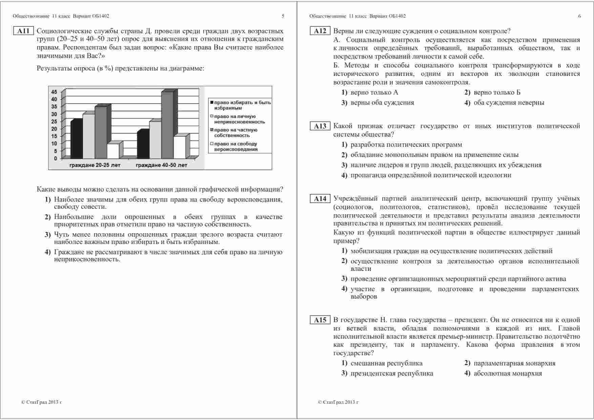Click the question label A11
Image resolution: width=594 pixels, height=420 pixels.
[23, 31]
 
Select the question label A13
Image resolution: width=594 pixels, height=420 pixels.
[320, 126]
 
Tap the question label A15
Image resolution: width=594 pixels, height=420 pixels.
[320, 320]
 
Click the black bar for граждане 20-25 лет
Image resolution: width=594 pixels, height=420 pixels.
[76, 140]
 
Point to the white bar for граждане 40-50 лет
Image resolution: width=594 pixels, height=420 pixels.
[179, 147]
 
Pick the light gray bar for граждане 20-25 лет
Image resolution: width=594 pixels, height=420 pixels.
[88, 136]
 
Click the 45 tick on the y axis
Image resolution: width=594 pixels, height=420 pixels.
[54, 92]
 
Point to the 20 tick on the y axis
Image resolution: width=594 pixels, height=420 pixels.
[54, 129]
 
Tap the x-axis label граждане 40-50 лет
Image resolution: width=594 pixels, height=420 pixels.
[161, 165]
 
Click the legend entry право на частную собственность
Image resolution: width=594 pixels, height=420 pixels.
[236, 133]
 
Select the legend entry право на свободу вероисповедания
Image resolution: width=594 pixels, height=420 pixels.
[236, 146]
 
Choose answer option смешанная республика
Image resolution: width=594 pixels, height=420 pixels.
[386, 363]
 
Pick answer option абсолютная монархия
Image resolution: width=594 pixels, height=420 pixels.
[508, 374]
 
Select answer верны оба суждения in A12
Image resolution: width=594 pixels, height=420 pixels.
[382, 103]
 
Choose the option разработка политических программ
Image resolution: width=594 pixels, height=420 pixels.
[406, 145]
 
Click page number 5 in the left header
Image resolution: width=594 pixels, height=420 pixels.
[283, 16]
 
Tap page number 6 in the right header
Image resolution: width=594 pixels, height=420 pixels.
[579, 16]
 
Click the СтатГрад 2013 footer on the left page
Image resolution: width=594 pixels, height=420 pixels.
[42, 402]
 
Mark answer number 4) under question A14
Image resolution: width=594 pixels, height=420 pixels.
[344, 289]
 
